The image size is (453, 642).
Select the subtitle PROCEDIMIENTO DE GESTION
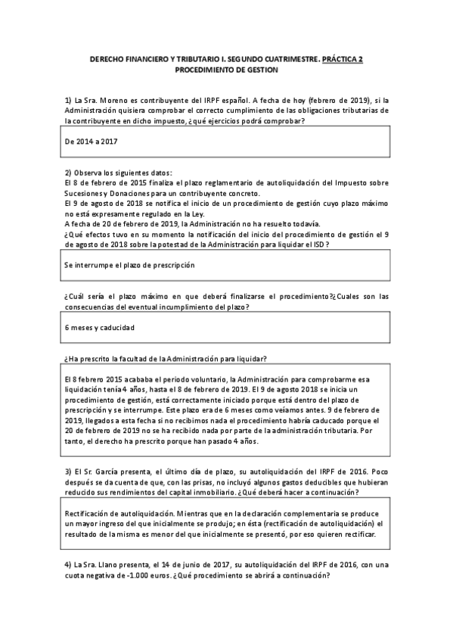226,69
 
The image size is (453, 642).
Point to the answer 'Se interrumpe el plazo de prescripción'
130,265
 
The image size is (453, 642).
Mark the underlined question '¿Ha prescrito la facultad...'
166,359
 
